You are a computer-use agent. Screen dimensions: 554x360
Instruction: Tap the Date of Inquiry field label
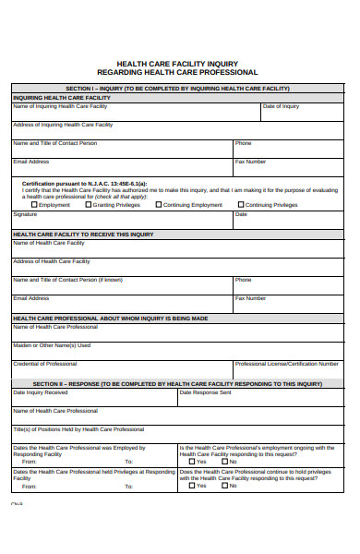click(x=281, y=106)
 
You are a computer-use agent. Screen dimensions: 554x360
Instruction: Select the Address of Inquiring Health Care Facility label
click(x=63, y=124)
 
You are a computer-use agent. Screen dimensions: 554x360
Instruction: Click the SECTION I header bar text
click(x=177, y=89)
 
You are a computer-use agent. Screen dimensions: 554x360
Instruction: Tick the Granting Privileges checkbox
click(x=89, y=205)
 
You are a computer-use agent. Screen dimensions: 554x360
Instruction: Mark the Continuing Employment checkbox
click(x=159, y=205)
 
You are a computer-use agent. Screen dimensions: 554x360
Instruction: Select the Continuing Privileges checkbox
click(x=240, y=205)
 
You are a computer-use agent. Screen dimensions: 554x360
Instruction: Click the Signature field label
click(x=25, y=213)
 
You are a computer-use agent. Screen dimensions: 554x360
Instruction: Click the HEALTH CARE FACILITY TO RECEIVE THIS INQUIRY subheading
click(x=83, y=235)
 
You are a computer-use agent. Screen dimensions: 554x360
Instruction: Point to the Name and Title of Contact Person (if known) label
click(x=66, y=279)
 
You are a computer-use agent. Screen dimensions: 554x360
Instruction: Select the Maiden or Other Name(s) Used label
click(x=52, y=344)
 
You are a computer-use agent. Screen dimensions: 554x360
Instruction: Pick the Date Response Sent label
click(x=205, y=391)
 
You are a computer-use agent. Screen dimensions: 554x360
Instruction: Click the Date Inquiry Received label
click(x=40, y=391)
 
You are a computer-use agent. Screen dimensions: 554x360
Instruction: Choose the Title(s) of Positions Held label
click(x=78, y=428)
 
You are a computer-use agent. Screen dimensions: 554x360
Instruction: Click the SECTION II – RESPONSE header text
click(x=177, y=382)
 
